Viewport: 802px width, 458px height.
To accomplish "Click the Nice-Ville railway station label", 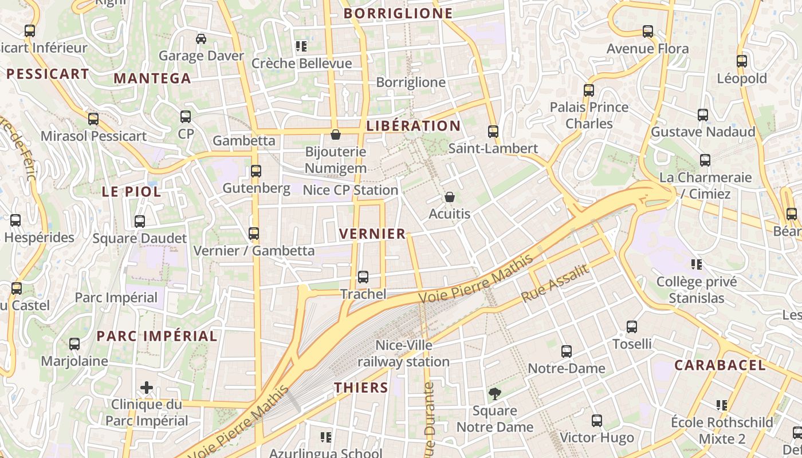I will [403, 354].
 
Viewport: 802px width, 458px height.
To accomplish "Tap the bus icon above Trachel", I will [363, 277].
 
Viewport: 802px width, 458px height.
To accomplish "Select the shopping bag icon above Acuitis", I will [450, 197].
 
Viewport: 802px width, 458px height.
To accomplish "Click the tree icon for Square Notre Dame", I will [494, 394].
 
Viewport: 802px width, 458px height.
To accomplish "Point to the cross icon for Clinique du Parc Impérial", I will [147, 388].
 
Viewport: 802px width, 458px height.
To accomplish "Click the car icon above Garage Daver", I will [201, 39].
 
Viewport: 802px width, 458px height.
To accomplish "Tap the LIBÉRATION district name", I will [413, 126].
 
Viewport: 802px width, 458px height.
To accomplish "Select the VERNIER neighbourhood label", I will [372, 234].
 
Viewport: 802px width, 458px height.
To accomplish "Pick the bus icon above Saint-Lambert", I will [493, 132].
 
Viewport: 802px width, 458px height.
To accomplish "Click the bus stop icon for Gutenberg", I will [256, 171].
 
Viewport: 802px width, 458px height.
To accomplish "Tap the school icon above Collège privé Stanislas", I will [697, 264].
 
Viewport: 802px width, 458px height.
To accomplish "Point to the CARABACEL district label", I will [720, 365].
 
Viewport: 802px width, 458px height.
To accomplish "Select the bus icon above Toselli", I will [632, 327].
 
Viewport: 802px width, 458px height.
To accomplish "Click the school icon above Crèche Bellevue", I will [301, 46].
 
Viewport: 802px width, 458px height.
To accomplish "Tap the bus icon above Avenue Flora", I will [648, 31].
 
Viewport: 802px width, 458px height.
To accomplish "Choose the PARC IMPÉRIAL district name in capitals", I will [157, 336].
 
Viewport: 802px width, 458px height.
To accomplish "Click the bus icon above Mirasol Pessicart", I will [93, 119].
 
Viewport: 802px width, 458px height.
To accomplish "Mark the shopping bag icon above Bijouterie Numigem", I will [336, 135].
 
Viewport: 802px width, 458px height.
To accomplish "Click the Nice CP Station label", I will [350, 190].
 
